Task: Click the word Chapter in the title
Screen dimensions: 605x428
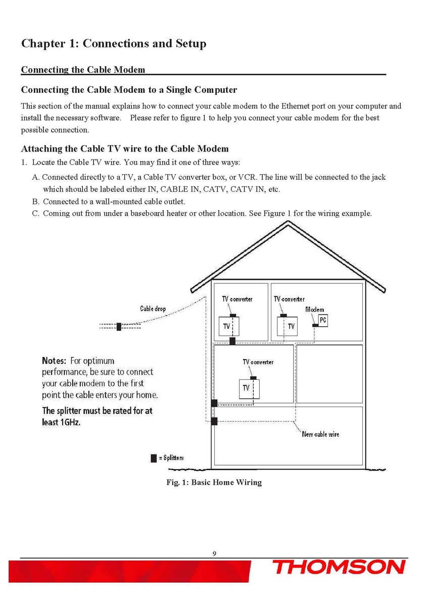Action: click(x=42, y=43)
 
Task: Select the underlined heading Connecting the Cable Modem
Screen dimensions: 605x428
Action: click(x=83, y=70)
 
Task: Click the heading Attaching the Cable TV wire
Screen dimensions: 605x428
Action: click(x=124, y=149)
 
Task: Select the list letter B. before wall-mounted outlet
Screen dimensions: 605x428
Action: click(x=35, y=201)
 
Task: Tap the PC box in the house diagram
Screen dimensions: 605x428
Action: click(x=323, y=320)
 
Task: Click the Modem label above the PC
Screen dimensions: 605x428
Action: click(x=314, y=309)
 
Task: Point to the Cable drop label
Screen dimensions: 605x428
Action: click(x=153, y=309)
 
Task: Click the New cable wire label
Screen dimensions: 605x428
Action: click(x=320, y=434)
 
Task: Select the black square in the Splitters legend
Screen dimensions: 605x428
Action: click(x=154, y=458)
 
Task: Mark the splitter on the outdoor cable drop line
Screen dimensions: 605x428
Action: click(x=119, y=327)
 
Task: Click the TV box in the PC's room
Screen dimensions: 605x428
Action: click(x=287, y=326)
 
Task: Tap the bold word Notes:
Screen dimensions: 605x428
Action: click(x=54, y=361)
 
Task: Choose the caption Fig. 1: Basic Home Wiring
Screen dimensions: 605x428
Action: click(x=214, y=482)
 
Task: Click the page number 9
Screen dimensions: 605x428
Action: click(x=214, y=554)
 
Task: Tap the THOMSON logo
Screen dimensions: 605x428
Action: click(x=339, y=567)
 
